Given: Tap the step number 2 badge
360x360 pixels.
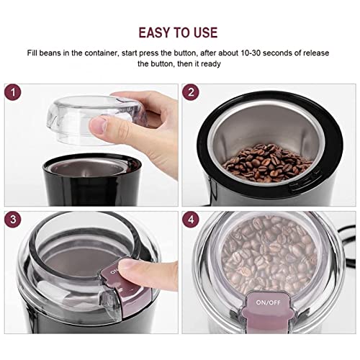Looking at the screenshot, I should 192,94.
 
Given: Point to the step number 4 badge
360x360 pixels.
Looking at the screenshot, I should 192,220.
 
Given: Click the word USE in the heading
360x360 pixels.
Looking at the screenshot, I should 210,32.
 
